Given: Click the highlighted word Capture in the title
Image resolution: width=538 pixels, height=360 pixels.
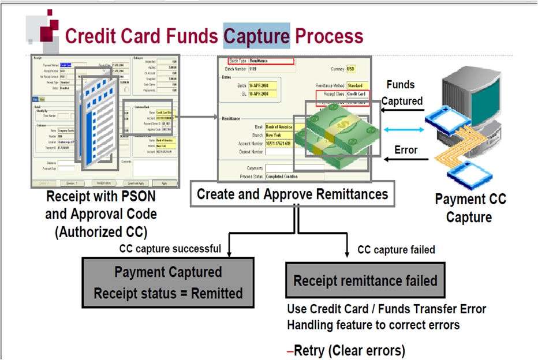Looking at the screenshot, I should (256, 36).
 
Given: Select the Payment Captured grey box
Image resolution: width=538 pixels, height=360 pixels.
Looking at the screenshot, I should (168, 282).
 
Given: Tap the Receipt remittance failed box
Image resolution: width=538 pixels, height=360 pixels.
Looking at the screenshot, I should (365, 281).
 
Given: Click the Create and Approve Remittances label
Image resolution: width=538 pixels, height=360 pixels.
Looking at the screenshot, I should (292, 194).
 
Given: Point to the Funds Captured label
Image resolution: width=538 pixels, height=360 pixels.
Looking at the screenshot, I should (403, 93).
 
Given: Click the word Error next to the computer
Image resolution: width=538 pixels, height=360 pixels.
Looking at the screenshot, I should (406, 150).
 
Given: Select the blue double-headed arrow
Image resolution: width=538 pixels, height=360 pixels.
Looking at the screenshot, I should (403, 130).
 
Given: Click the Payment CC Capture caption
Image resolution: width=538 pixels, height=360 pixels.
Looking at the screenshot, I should (470, 208).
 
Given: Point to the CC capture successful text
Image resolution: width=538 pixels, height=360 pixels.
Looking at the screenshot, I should (170, 249).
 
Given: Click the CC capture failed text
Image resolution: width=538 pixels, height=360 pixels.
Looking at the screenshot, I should (396, 250).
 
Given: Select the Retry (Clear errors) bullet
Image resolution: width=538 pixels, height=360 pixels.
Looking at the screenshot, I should (346, 350).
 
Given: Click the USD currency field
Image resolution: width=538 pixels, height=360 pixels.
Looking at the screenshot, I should (351, 69).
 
